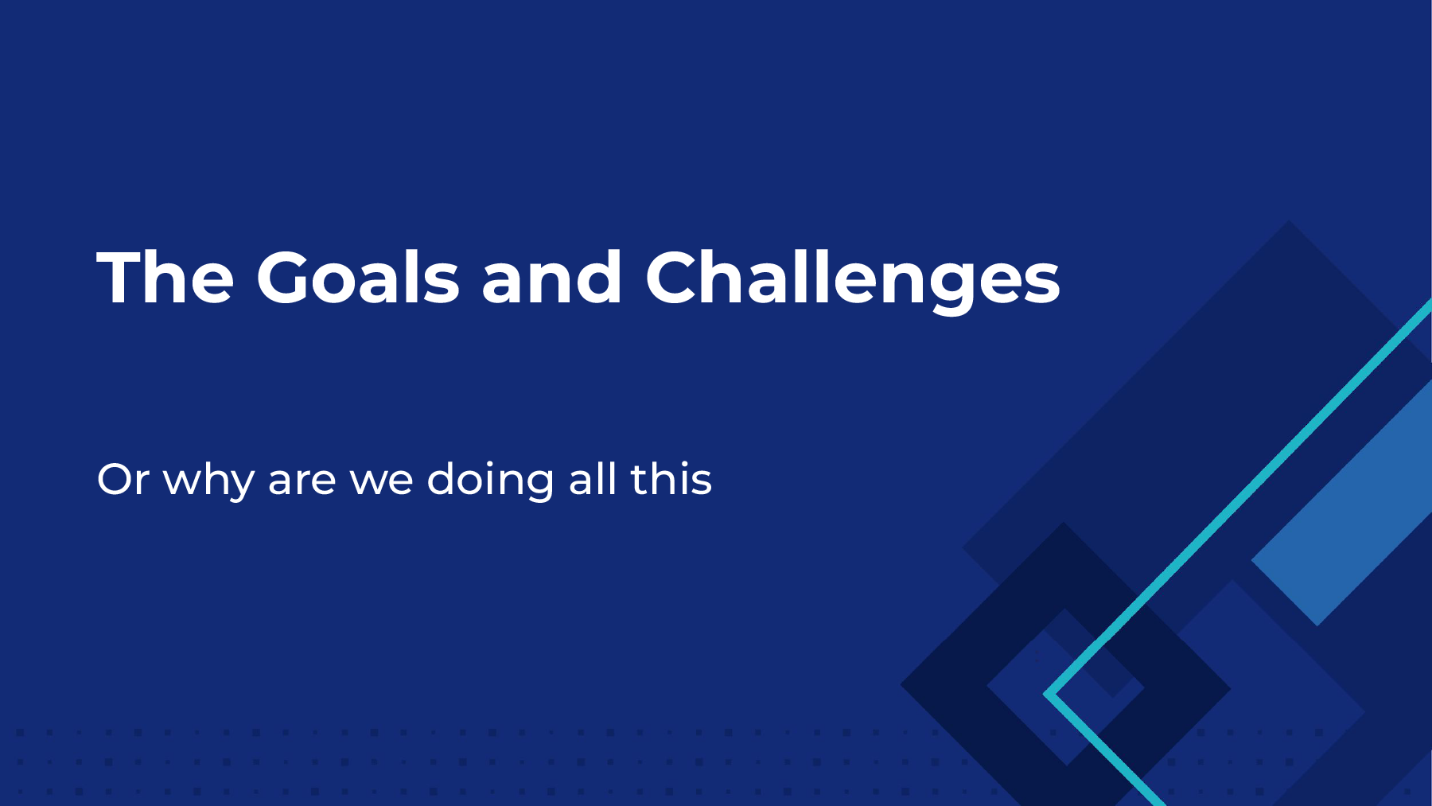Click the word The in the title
pos(165,277)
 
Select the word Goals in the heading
pos(358,277)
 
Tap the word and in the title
pos(552,277)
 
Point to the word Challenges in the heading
pos(853,280)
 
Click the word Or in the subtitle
pos(123,480)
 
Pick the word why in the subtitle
pos(208,481)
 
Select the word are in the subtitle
pos(302,484)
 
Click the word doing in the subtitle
pos(490,481)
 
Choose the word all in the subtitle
pos(593,479)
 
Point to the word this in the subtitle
pos(671,479)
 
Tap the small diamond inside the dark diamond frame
pos(1066,687)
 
